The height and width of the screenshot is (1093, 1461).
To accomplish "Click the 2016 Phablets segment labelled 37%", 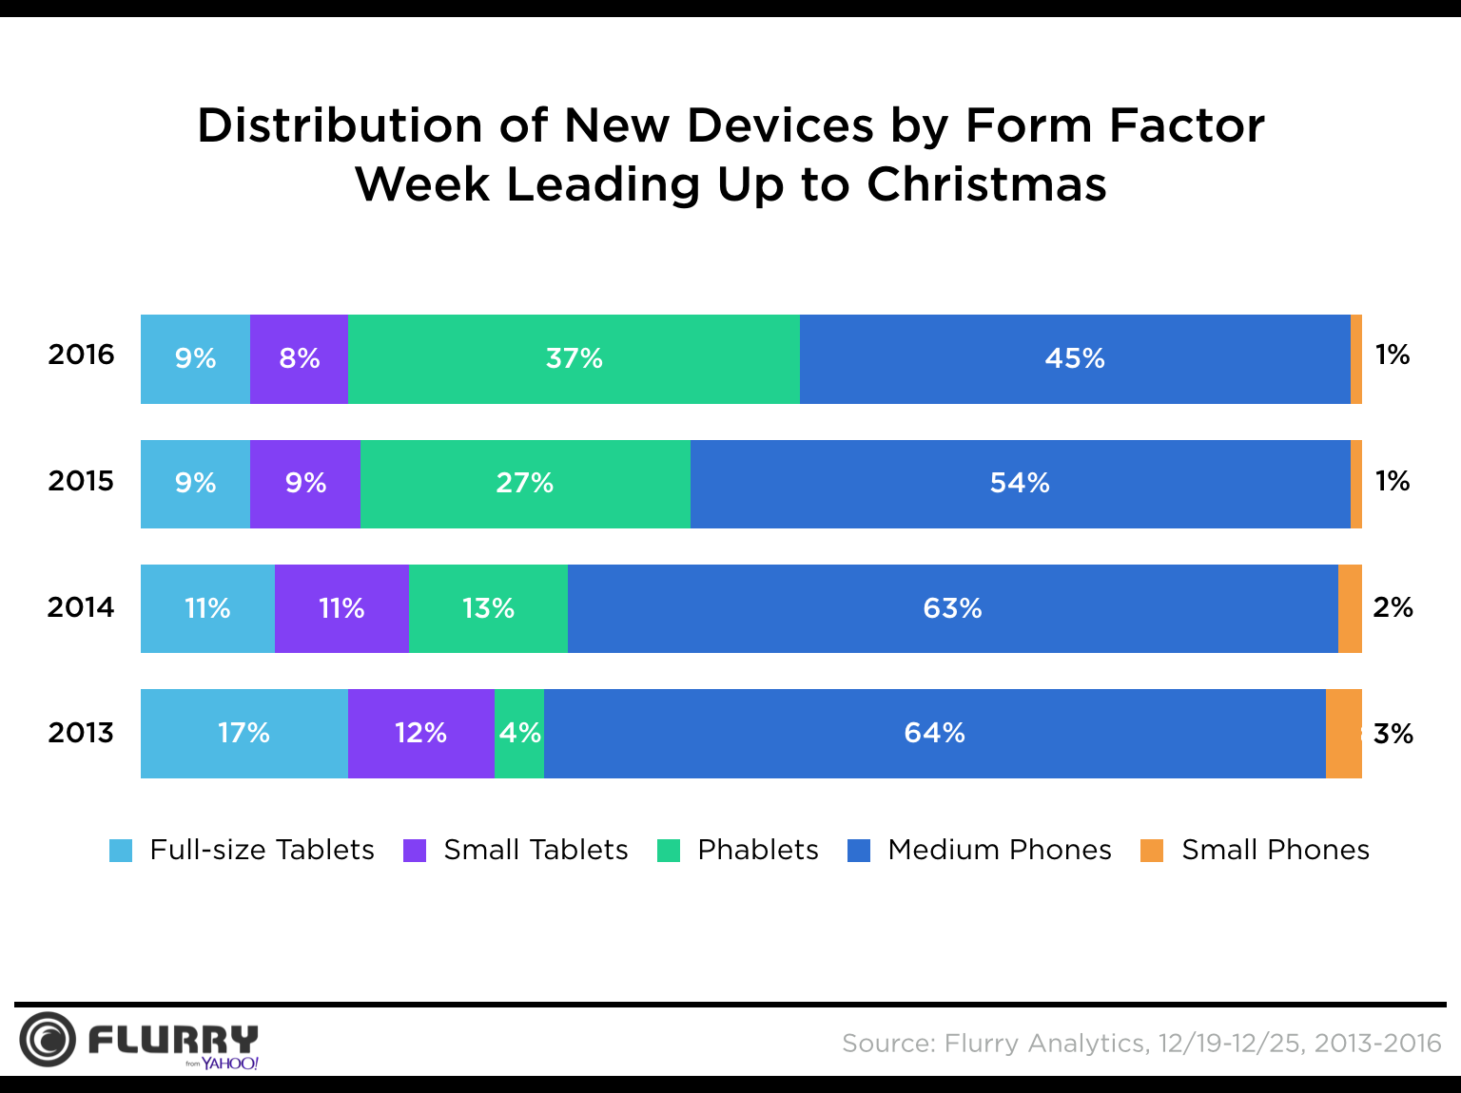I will click(x=574, y=359).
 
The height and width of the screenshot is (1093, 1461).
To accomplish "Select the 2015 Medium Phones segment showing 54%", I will click(x=1020, y=484).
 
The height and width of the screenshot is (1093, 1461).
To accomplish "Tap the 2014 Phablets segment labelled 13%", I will click(x=488, y=608).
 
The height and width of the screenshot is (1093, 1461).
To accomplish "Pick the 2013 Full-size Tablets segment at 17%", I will click(x=243, y=733).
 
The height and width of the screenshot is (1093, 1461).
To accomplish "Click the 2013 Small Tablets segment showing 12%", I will click(x=420, y=733).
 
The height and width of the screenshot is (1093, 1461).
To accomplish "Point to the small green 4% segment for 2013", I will click(x=519, y=733).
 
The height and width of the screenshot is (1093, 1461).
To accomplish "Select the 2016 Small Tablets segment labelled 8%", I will click(x=299, y=359).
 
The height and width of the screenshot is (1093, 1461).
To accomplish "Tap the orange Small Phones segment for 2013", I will click(x=1343, y=733).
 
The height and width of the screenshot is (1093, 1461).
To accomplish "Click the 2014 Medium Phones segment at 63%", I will click(x=952, y=608).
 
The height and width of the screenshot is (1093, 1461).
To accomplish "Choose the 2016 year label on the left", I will click(x=81, y=355).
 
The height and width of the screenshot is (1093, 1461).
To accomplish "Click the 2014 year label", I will click(x=81, y=607).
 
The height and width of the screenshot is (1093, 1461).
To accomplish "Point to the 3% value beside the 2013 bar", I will click(x=1393, y=734).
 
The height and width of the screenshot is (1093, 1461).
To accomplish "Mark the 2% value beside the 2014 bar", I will click(x=1393, y=607).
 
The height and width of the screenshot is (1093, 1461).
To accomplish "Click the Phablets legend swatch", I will click(x=669, y=851).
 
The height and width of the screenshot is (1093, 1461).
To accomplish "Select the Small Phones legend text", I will click(x=1275, y=850).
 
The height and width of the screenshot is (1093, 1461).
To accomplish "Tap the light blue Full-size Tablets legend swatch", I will click(x=121, y=851).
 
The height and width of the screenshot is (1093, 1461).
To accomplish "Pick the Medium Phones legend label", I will click(x=999, y=850).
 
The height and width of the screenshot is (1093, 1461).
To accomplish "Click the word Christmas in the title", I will click(x=986, y=184).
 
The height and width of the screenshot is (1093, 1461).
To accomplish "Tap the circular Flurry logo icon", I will click(x=47, y=1039).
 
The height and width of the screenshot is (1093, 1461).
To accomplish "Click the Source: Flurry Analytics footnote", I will click(x=1141, y=1044).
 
